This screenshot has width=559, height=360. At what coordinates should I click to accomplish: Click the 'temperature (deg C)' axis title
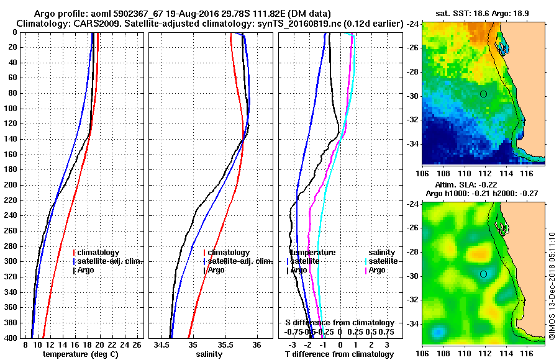tap(80, 354)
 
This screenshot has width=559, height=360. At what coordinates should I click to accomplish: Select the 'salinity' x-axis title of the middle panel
tap(210, 354)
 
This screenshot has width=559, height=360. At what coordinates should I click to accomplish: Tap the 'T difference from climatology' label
tap(340, 354)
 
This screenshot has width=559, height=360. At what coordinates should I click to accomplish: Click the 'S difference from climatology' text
tap(340, 323)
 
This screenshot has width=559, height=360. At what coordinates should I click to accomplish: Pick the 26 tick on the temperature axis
tap(137, 344)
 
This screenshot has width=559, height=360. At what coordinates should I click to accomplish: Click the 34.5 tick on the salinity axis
tap(163, 344)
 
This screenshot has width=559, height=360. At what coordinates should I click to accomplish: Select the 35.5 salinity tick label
tap(225, 344)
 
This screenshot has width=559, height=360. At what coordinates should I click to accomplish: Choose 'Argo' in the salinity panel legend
tap(216, 270)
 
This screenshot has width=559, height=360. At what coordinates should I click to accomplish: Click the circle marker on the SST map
tap(483, 94)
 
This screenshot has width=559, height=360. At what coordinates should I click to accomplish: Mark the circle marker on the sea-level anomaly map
tap(483, 274)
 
